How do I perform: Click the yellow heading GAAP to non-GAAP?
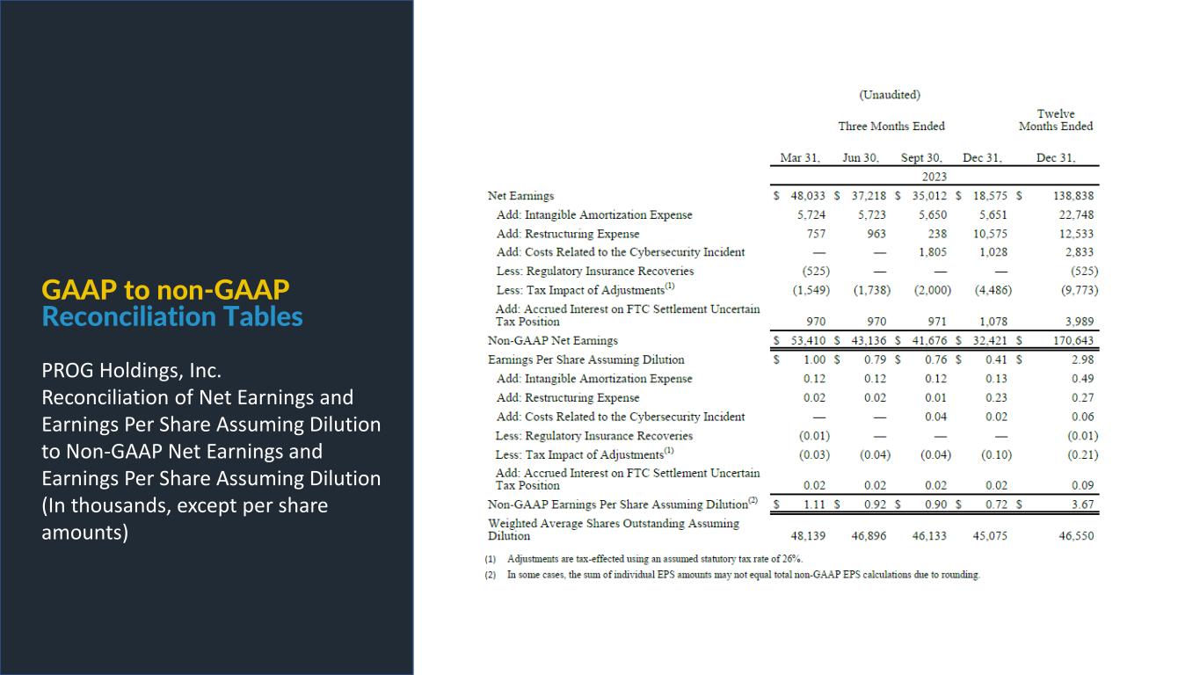pos(166,290)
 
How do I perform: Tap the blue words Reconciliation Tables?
pos(172,316)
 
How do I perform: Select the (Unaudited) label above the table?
pos(890,95)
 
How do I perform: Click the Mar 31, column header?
pos(800,158)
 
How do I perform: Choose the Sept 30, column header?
pos(921,158)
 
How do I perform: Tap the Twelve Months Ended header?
pos(1056,120)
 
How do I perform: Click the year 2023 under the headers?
pos(921,177)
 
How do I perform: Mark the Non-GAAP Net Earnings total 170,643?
pos(1073,340)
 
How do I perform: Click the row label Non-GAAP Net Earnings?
pos(553,340)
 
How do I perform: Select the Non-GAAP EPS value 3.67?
pos(1084,504)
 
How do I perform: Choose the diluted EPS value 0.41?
pos(996,359)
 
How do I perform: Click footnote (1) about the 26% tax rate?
pos(654,559)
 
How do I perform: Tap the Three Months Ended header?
pos(891,127)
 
